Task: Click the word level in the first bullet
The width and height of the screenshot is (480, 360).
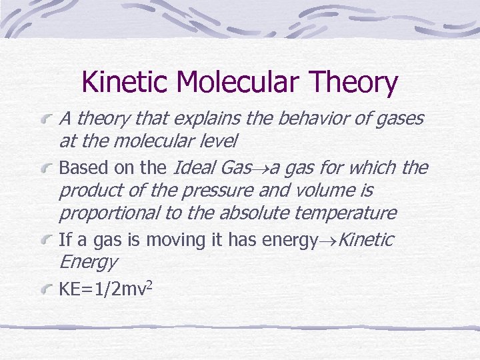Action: coord(220,141)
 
